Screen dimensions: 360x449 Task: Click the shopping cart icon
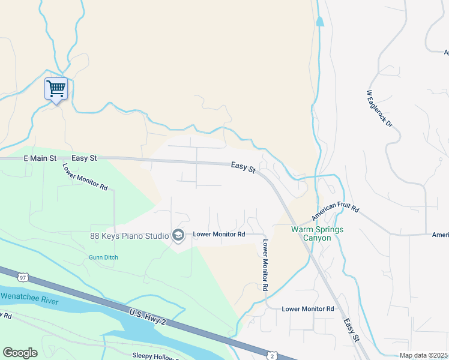click(x=56, y=89)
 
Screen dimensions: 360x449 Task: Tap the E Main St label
click(x=40, y=158)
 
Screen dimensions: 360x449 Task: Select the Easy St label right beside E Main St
click(x=84, y=158)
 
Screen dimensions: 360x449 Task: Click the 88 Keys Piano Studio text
click(x=129, y=236)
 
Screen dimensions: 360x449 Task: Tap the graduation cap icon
click(x=178, y=236)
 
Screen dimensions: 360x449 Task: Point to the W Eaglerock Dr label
click(x=379, y=109)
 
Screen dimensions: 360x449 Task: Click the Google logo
click(x=20, y=353)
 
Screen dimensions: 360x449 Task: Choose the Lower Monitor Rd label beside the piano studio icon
click(x=219, y=234)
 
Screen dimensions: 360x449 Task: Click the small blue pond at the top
click(x=319, y=22)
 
